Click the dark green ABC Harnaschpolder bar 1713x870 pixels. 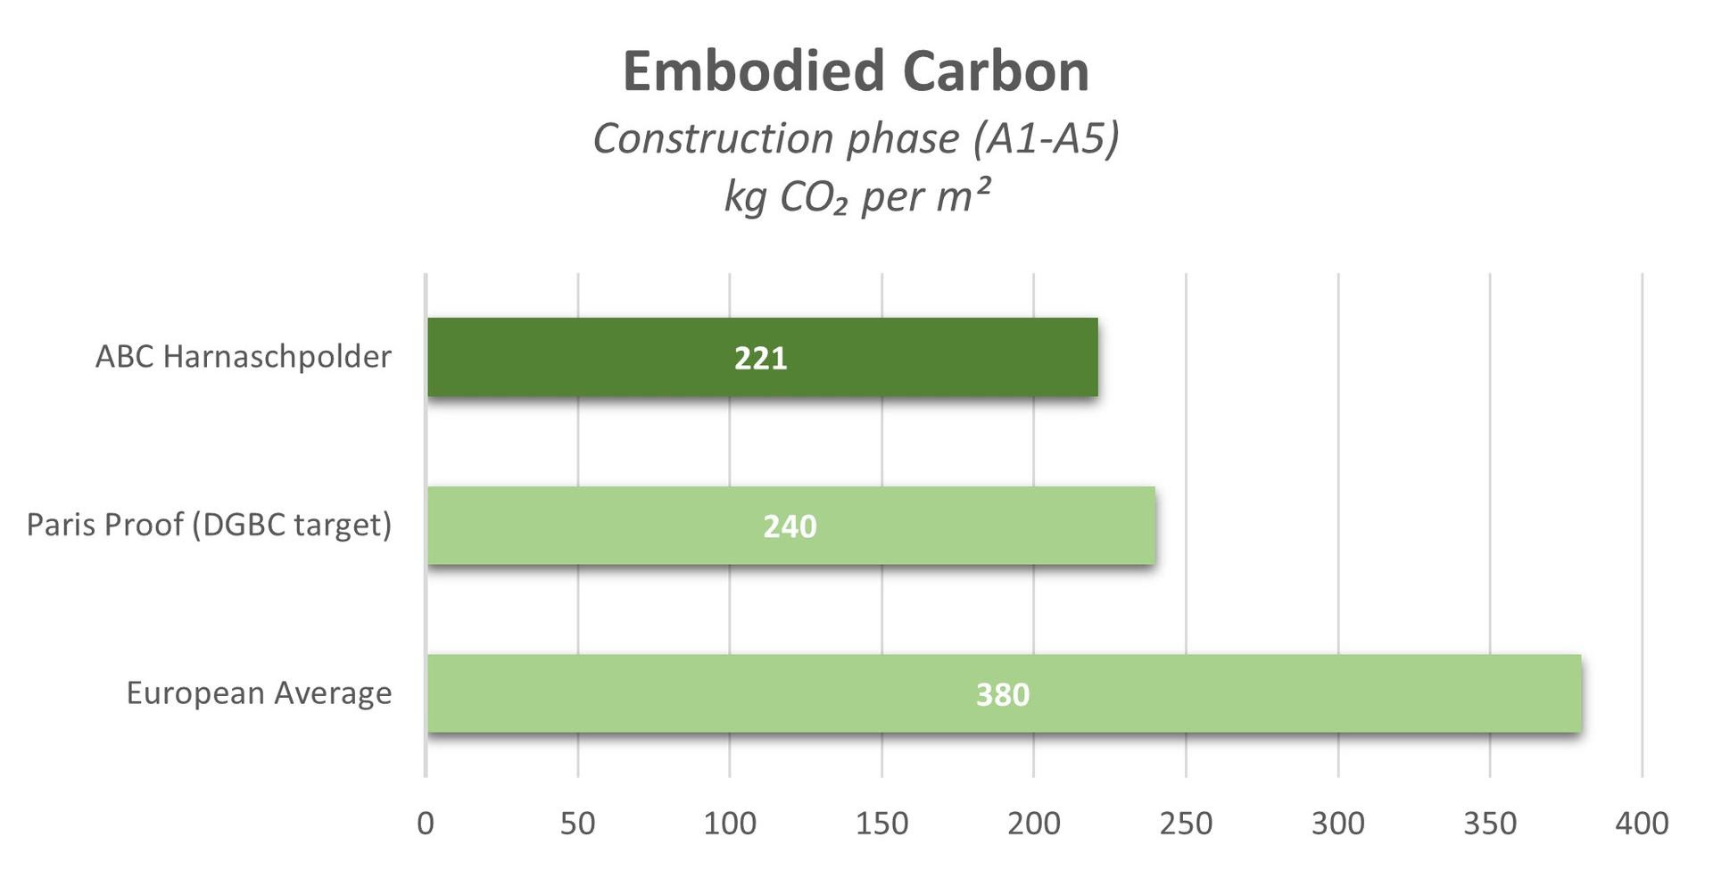(625, 357)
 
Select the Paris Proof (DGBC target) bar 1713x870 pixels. (625, 526)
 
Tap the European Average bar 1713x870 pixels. (714, 693)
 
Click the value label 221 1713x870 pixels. (760, 358)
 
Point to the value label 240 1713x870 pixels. (790, 526)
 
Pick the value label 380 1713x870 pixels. (1003, 694)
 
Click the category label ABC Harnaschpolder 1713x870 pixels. (244, 357)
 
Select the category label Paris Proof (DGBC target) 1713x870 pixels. (210, 525)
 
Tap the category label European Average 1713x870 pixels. (259, 693)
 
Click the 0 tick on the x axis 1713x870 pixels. (426, 823)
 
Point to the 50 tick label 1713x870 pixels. (578, 823)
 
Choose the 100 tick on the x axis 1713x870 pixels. (730, 823)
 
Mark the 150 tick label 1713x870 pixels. (881, 823)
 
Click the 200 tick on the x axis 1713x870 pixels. (1034, 823)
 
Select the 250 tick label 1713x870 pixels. (1186, 823)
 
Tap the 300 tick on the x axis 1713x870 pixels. (1338, 823)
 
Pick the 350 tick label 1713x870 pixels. (1490, 823)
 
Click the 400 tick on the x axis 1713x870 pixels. (1642, 823)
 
